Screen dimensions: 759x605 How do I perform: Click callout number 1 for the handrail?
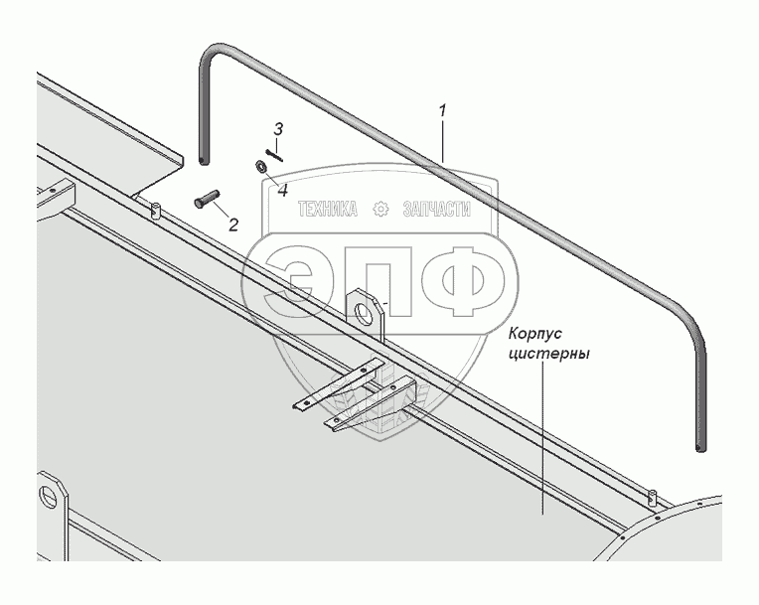pos(443,111)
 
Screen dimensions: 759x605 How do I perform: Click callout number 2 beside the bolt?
pos(233,225)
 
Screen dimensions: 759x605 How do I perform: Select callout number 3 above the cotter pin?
pos(279,129)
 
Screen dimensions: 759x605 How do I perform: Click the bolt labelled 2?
pos(203,199)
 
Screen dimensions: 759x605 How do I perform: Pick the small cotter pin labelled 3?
pos(274,151)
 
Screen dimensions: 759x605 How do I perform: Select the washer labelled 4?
pos(258,167)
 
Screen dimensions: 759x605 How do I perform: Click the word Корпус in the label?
pos(537,334)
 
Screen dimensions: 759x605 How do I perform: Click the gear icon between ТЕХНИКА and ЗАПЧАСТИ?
pos(379,209)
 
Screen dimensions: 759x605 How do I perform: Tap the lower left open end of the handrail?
pos(203,158)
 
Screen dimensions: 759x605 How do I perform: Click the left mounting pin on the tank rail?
pos(156,210)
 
